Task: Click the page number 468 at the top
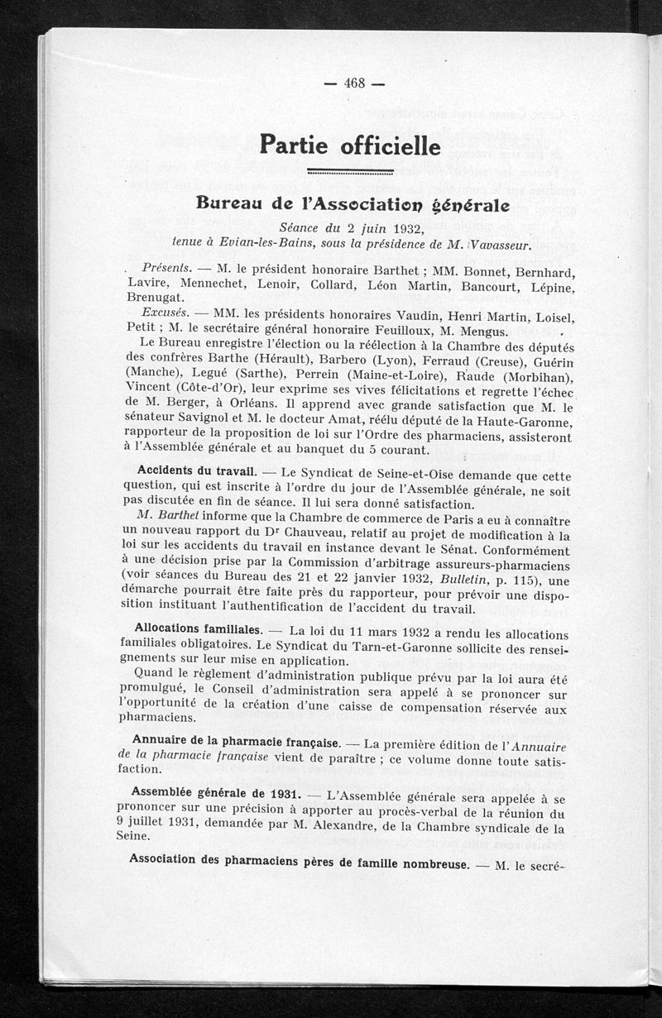click(x=354, y=83)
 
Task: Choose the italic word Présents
click(x=167, y=269)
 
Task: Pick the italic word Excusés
click(x=164, y=314)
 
